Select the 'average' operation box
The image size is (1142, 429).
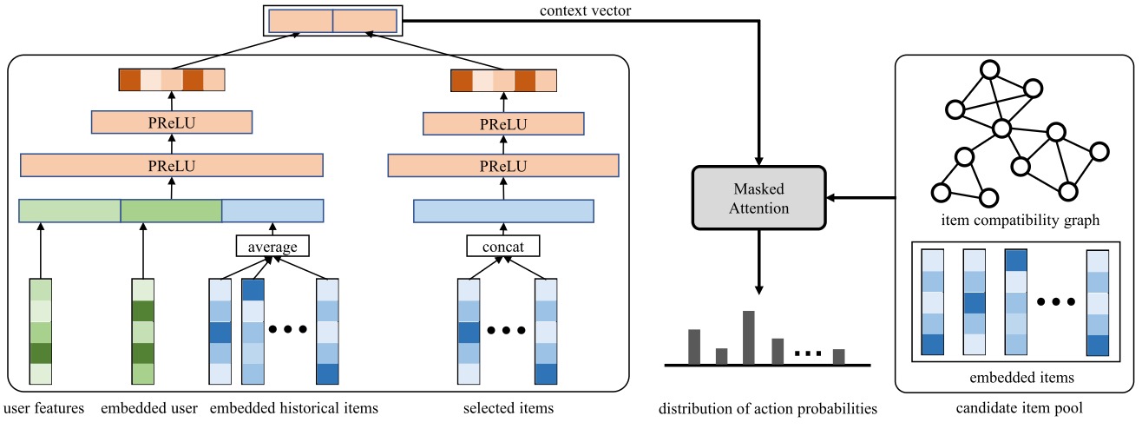click(272, 247)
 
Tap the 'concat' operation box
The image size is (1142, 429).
click(503, 247)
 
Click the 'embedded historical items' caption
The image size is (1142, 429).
click(294, 407)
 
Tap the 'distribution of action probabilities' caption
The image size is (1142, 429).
click(767, 407)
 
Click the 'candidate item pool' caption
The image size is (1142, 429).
click(1017, 407)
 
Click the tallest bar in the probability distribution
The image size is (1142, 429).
click(748, 337)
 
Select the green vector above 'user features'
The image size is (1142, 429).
click(41, 331)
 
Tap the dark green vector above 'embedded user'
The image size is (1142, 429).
click(142, 331)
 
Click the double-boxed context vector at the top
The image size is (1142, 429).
click(333, 21)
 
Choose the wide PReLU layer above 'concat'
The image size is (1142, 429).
click(503, 164)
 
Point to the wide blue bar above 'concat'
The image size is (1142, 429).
click(503, 210)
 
